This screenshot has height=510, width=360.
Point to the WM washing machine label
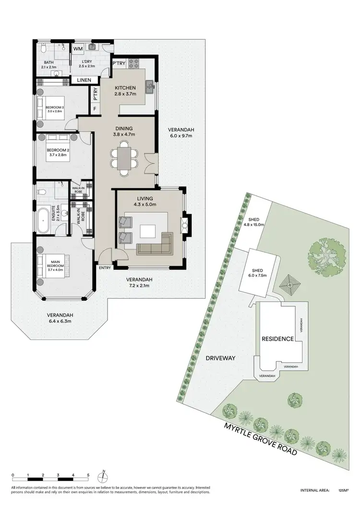[x=78, y=49]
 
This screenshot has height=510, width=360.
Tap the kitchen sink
[x=150, y=86]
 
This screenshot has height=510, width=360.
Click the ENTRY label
[x=104, y=268]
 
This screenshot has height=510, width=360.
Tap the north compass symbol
[x=102, y=477]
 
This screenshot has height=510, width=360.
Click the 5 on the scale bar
[x=88, y=475]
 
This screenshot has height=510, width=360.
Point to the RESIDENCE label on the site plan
[x=277, y=339]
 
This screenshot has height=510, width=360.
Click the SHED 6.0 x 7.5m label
[x=257, y=272]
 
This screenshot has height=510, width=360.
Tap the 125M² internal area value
[x=343, y=490]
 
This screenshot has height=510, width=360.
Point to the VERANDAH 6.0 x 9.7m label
[x=181, y=133]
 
